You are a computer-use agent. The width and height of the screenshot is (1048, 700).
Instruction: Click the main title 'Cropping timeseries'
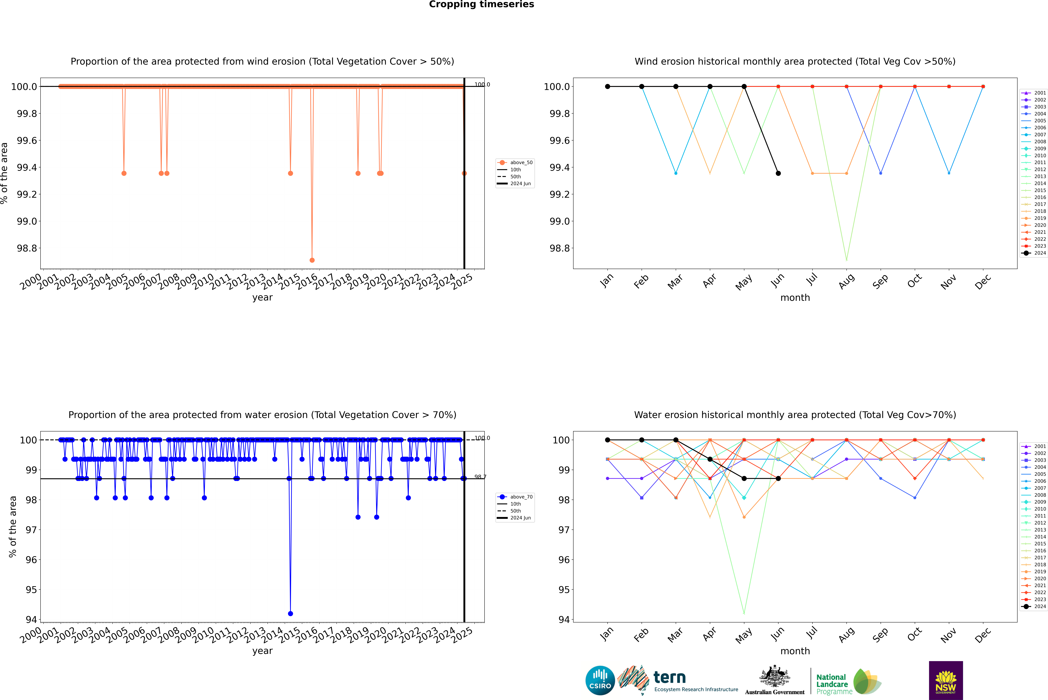tap(481, 4)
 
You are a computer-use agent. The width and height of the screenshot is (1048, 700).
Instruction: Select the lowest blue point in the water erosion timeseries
tap(290, 613)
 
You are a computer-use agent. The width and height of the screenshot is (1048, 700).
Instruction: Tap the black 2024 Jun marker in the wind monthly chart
tap(778, 173)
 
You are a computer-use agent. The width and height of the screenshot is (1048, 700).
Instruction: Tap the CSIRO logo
tap(600, 680)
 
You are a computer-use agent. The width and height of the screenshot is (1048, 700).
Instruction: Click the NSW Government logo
tap(946, 680)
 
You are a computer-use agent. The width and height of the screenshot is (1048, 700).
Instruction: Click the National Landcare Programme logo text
tap(832, 684)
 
